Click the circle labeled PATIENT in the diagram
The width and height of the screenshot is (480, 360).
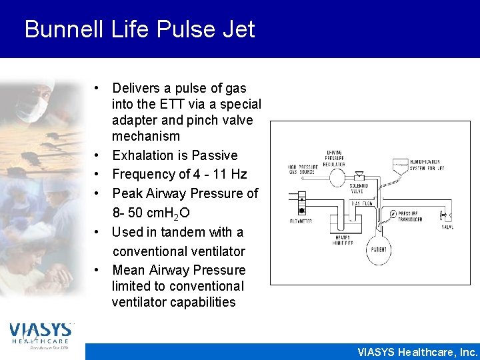pos(379,249)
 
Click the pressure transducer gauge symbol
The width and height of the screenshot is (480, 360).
pos(393,214)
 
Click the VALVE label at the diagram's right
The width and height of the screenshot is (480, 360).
pos(448,226)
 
